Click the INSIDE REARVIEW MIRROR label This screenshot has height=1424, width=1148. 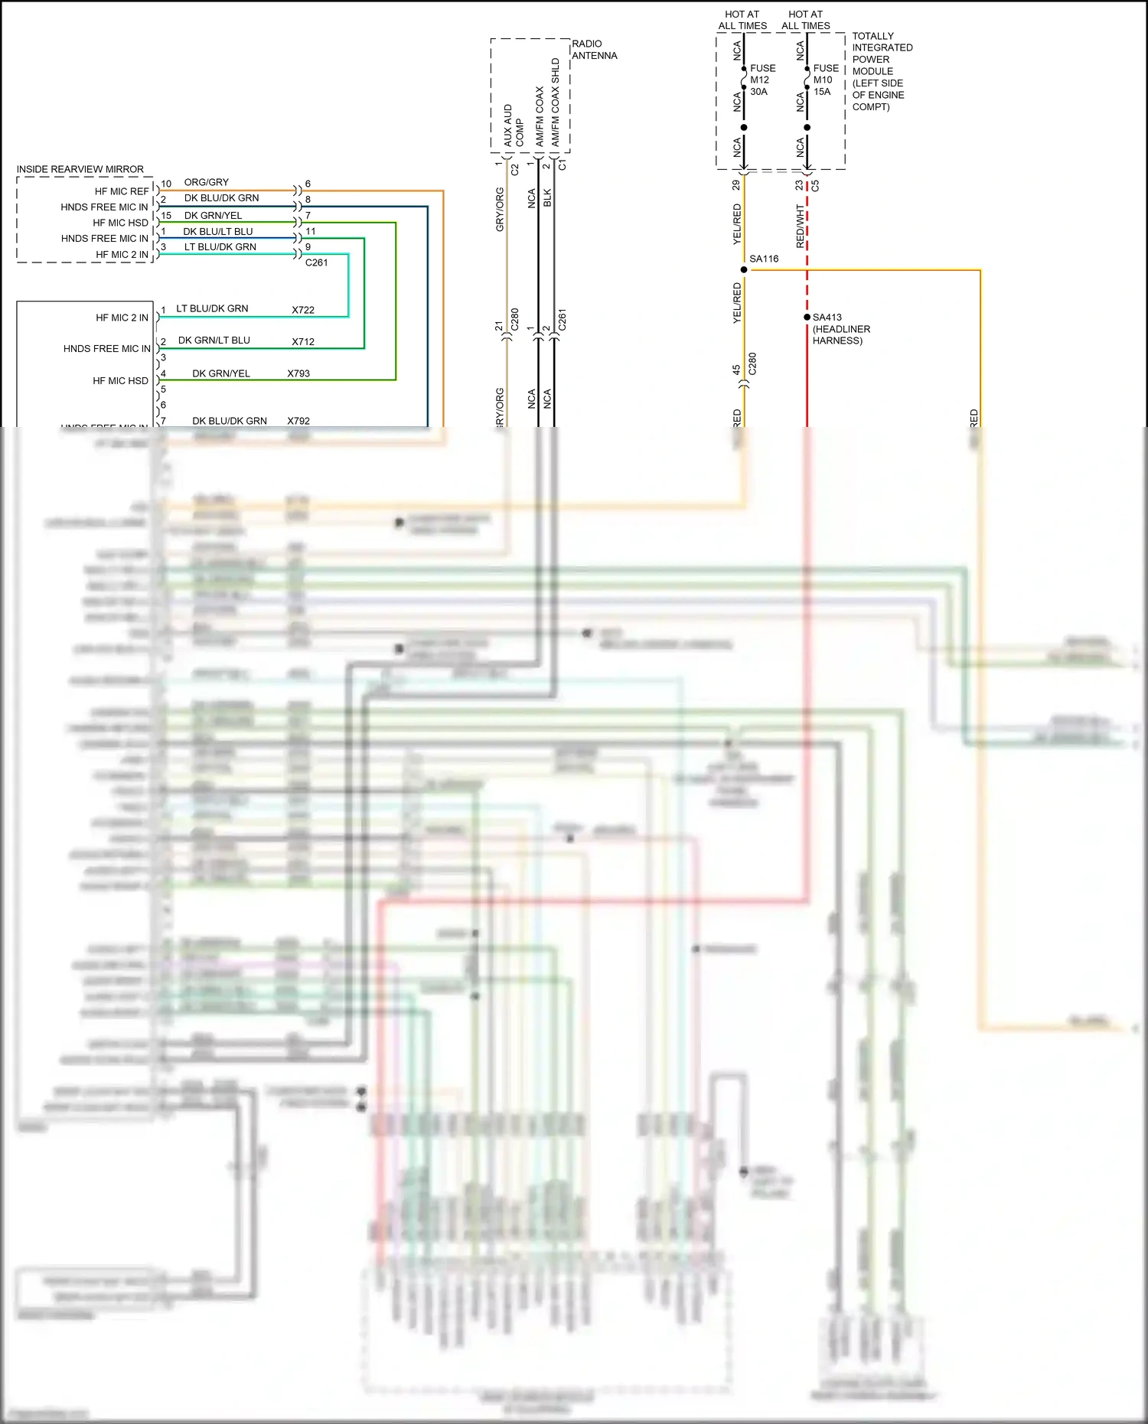[x=80, y=169]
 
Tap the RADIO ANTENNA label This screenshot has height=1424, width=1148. [x=594, y=50]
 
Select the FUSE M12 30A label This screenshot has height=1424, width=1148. [x=762, y=80]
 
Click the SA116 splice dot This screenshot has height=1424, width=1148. [x=744, y=269]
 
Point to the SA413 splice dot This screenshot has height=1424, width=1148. [x=807, y=317]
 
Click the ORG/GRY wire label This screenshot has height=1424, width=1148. [x=207, y=182]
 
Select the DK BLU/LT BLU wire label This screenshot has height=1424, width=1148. [x=217, y=231]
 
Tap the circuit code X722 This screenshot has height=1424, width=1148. [x=303, y=310]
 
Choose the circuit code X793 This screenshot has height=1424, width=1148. [x=298, y=373]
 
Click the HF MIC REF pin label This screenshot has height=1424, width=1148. [x=122, y=191]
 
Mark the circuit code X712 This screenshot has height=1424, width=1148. [x=303, y=341]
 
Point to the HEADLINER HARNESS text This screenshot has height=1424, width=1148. [x=840, y=335]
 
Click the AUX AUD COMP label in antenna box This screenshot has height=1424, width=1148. [x=514, y=126]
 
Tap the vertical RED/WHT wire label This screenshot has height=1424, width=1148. [x=800, y=226]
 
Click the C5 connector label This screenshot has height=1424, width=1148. [x=815, y=186]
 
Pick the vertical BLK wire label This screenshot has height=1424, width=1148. [x=547, y=198]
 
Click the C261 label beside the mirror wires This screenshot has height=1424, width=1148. [x=316, y=262]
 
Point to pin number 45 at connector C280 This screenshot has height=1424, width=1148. [x=736, y=370]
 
